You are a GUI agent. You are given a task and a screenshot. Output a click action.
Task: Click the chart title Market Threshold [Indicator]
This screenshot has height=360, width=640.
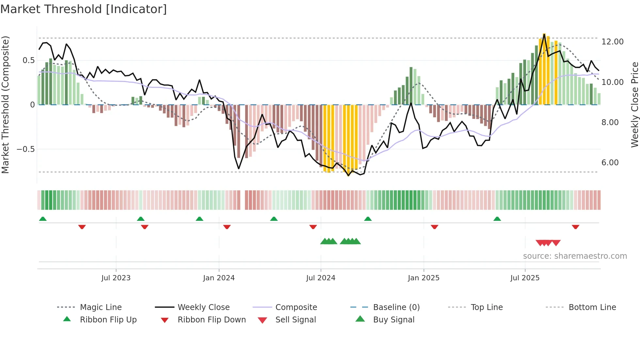pyautogui.click(x=84, y=9)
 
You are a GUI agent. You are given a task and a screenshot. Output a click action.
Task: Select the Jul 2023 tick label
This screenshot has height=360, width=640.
pyautogui.click(x=116, y=278)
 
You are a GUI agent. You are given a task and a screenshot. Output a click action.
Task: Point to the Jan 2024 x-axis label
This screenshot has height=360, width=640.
pyautogui.click(x=219, y=278)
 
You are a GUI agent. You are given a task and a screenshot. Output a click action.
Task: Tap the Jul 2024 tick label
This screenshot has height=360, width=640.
pyautogui.click(x=321, y=278)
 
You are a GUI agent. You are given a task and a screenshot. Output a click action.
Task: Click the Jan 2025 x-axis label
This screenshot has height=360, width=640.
pyautogui.click(x=424, y=278)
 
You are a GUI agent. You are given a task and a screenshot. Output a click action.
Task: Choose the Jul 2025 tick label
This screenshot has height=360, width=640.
pyautogui.click(x=525, y=278)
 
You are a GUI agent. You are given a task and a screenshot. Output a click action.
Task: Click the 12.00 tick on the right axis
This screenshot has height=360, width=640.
pyautogui.click(x=612, y=42)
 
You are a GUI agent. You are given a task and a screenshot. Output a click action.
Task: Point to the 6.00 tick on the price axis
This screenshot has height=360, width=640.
pyautogui.click(x=610, y=163)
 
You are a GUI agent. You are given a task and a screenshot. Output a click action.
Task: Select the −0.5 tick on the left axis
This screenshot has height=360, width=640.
pyautogui.click(x=25, y=149)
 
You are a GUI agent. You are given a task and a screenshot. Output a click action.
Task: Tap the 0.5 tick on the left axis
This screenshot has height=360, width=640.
pyautogui.click(x=28, y=60)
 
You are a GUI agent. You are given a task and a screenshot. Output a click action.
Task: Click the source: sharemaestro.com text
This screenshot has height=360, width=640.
pyautogui.click(x=575, y=256)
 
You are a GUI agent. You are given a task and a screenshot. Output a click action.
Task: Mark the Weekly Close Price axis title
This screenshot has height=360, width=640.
pyautogui.click(x=634, y=105)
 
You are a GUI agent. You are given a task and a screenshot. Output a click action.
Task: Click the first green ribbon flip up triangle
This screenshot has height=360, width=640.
pyautogui.click(x=43, y=219)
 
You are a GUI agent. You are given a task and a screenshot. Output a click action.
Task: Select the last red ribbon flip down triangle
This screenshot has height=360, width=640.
pyautogui.click(x=575, y=227)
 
